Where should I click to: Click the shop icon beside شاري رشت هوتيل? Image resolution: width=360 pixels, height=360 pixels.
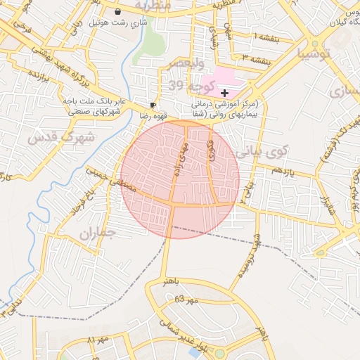point(117,12)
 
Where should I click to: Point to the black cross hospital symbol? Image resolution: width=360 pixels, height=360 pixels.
point(224,93)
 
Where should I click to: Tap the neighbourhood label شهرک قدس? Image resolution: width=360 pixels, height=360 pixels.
point(62,137)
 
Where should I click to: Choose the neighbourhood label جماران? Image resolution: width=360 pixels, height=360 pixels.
point(97,233)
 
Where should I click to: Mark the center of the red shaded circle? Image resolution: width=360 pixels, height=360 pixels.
point(180,179)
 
